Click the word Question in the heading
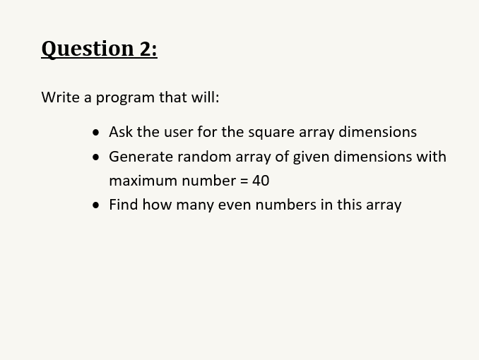pos(88,49)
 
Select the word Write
pos(60,97)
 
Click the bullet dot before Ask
pos(96,133)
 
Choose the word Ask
pos(121,132)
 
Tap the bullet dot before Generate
pos(96,157)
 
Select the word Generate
pos(141,157)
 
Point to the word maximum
pos(143,181)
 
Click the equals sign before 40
pos(244,181)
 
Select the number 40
pos(261,181)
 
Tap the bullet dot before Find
pos(96,205)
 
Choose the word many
pos(195,206)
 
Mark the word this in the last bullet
pos(349,204)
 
